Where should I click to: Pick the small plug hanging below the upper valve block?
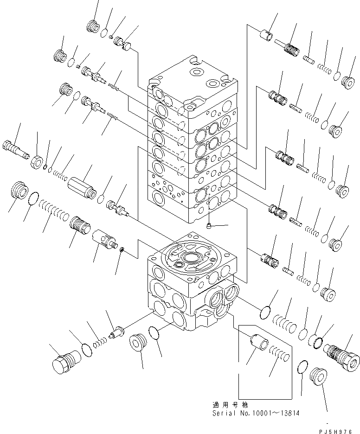point(210,226)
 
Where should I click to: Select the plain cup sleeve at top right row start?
point(266,36)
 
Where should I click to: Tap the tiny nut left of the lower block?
point(122,250)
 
